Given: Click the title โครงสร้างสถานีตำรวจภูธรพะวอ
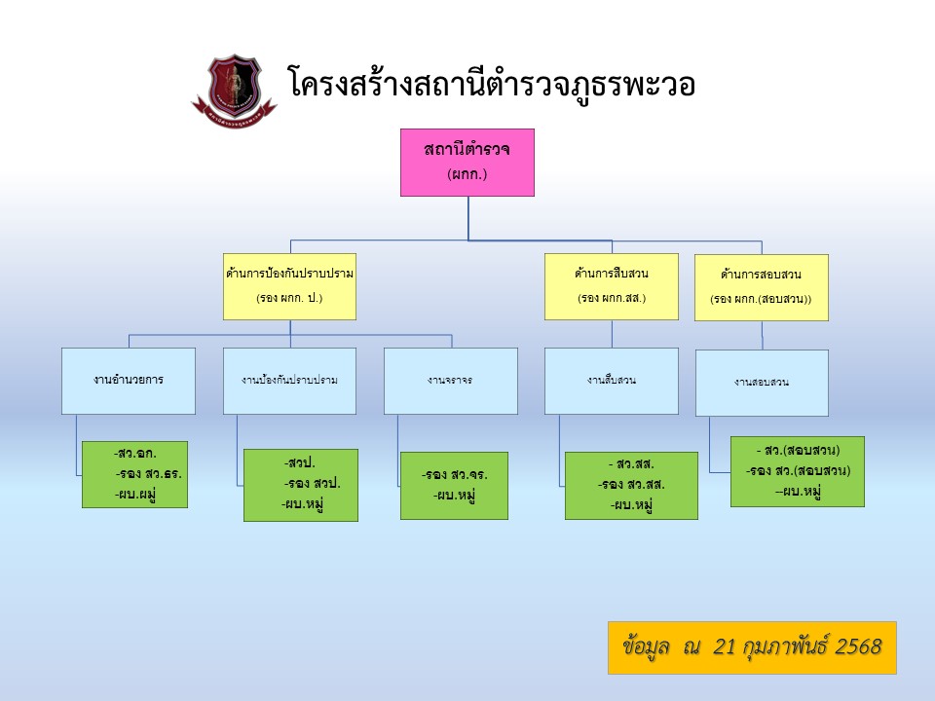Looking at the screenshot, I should [492, 84].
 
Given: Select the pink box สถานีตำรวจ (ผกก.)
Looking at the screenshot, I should [467, 163].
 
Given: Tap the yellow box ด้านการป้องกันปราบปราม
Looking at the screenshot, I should [289, 286].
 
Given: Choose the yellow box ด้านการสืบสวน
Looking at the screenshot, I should [611, 286].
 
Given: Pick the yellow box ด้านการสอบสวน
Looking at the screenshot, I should [761, 287].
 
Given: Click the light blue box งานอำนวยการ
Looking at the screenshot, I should [129, 381].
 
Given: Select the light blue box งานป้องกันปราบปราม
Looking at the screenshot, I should [289, 381].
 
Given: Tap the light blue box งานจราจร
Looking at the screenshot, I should [450, 381].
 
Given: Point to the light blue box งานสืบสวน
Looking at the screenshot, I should [611, 381].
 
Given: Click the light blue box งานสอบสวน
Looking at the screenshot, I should [762, 383].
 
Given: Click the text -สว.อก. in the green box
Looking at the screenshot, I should [135, 454].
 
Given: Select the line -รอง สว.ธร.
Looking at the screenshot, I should [148, 474].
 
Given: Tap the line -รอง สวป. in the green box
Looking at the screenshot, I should [312, 483].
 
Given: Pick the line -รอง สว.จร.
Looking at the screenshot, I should [454, 475].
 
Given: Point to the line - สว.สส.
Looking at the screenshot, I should [631, 463].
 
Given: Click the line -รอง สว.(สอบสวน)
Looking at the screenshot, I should [799, 470].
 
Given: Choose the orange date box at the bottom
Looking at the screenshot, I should [752, 647].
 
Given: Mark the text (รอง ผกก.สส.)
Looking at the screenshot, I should [611, 298].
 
